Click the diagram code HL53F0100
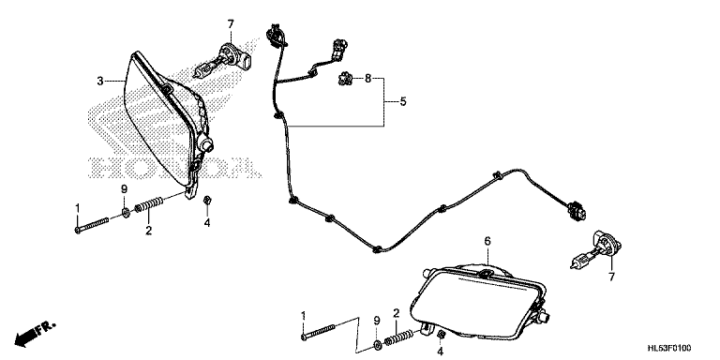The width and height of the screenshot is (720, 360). (x=669, y=348)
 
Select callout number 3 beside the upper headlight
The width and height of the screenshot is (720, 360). (x=100, y=82)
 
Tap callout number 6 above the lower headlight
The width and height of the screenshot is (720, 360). (x=487, y=241)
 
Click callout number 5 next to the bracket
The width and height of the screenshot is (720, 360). (x=403, y=101)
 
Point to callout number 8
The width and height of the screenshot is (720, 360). (x=367, y=79)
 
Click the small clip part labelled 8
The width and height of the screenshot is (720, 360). (x=344, y=80)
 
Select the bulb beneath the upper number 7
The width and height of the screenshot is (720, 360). (x=224, y=61)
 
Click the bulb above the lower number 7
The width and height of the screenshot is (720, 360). (x=595, y=248)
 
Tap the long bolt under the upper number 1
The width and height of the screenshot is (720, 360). (x=92, y=225)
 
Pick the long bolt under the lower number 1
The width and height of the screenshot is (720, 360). (x=318, y=332)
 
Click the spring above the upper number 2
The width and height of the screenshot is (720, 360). (x=149, y=204)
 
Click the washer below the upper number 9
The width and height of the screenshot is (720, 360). (x=125, y=212)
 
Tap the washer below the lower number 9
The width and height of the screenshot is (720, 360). (x=376, y=344)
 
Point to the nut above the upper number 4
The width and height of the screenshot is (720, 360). (x=207, y=200)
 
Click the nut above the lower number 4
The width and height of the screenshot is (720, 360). (x=440, y=334)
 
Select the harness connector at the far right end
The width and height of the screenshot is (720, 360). (x=577, y=210)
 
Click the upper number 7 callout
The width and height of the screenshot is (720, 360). (x=231, y=23)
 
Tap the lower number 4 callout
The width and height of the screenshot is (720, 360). (x=441, y=352)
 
